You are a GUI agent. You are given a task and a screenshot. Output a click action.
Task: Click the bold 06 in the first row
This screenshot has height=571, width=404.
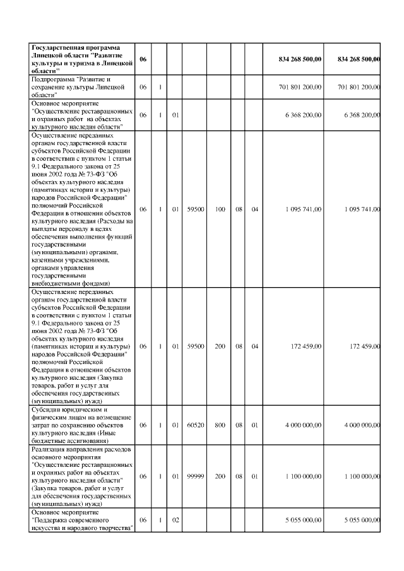point(143,59)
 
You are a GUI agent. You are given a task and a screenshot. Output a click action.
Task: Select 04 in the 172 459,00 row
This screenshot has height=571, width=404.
point(254,346)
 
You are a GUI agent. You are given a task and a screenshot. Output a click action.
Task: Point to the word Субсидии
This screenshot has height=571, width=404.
point(46,409)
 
